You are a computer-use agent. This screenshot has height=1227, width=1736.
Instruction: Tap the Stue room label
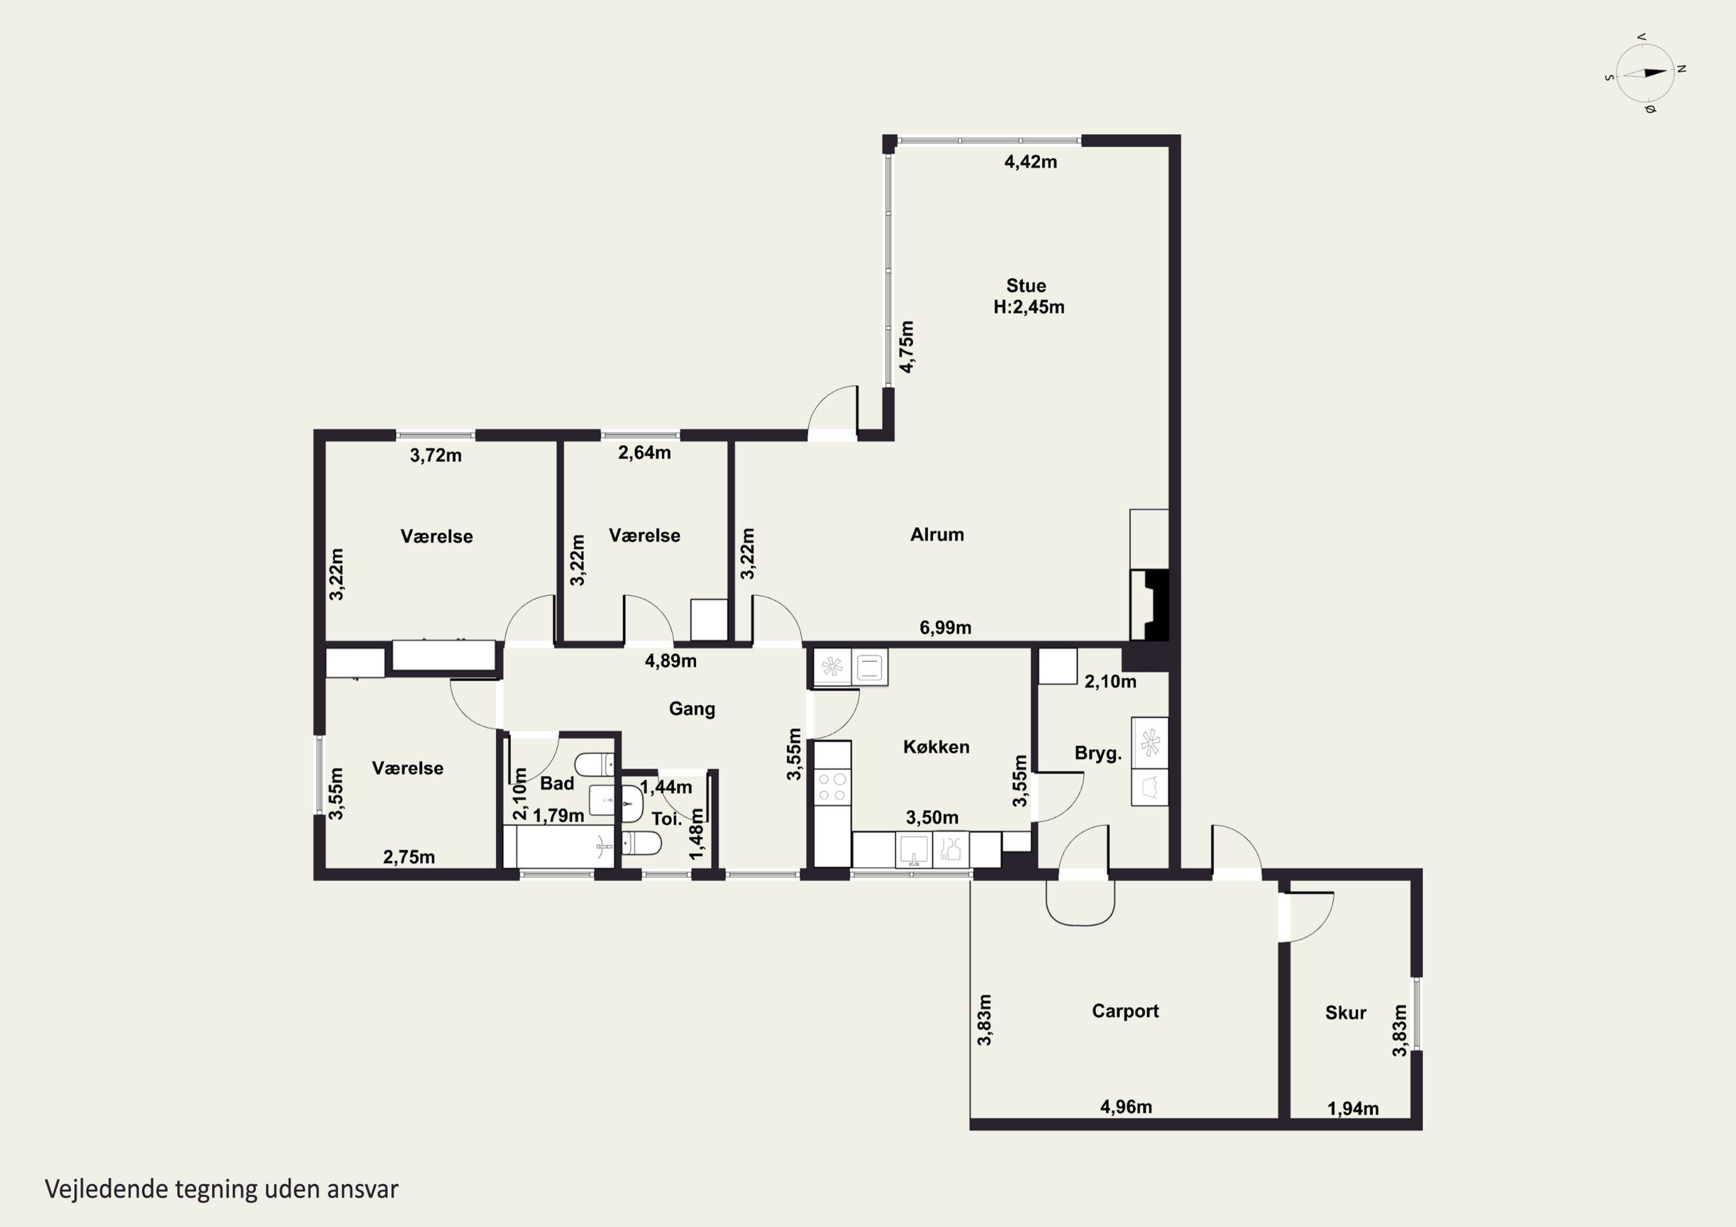pyautogui.click(x=1026, y=286)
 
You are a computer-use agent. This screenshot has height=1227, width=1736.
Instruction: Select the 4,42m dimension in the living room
pyautogui.click(x=1031, y=162)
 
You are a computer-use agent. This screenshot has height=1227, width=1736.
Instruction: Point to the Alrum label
pyautogui.click(x=937, y=535)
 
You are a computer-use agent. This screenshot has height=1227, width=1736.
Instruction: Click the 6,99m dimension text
pyautogui.click(x=945, y=628)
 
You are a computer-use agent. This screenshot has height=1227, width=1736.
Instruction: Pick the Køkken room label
pyautogui.click(x=936, y=747)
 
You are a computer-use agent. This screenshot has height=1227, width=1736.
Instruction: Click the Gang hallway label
pyautogui.click(x=692, y=709)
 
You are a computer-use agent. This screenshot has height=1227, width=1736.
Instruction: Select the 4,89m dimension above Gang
pyautogui.click(x=671, y=661)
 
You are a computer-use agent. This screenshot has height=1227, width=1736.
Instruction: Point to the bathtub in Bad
pyautogui.click(x=560, y=846)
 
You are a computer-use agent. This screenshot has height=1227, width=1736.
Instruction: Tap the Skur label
pyautogui.click(x=1346, y=1013)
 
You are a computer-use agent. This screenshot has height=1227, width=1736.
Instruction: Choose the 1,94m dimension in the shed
pyautogui.click(x=1354, y=1109)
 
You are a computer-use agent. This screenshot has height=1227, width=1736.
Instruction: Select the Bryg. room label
pyautogui.click(x=1098, y=754)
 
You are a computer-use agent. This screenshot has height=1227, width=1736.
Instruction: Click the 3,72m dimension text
pyautogui.click(x=436, y=455)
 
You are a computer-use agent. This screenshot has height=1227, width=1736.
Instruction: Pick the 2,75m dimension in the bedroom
pyautogui.click(x=409, y=857)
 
